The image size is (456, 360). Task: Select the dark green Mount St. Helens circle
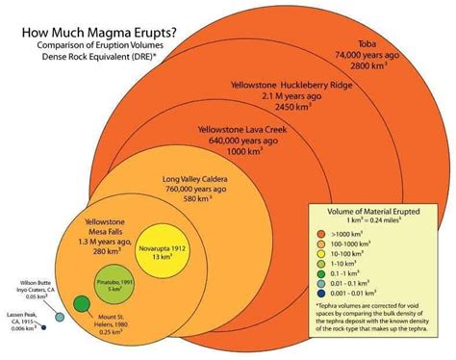tap(82, 305)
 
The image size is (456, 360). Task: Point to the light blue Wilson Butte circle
tap(58, 316)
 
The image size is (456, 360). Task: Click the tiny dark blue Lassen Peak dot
tap(45, 328)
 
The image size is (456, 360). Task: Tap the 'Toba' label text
tap(367, 43)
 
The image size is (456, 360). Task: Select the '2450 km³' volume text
tap(293, 108)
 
